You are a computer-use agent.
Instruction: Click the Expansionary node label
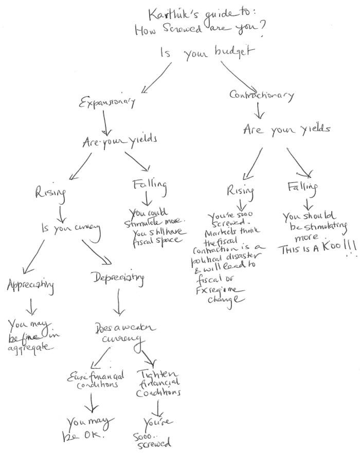[107, 102]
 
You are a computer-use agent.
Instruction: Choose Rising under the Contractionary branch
[240, 191]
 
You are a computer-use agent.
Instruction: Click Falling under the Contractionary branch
[302, 187]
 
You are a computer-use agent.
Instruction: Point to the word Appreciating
[31, 285]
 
